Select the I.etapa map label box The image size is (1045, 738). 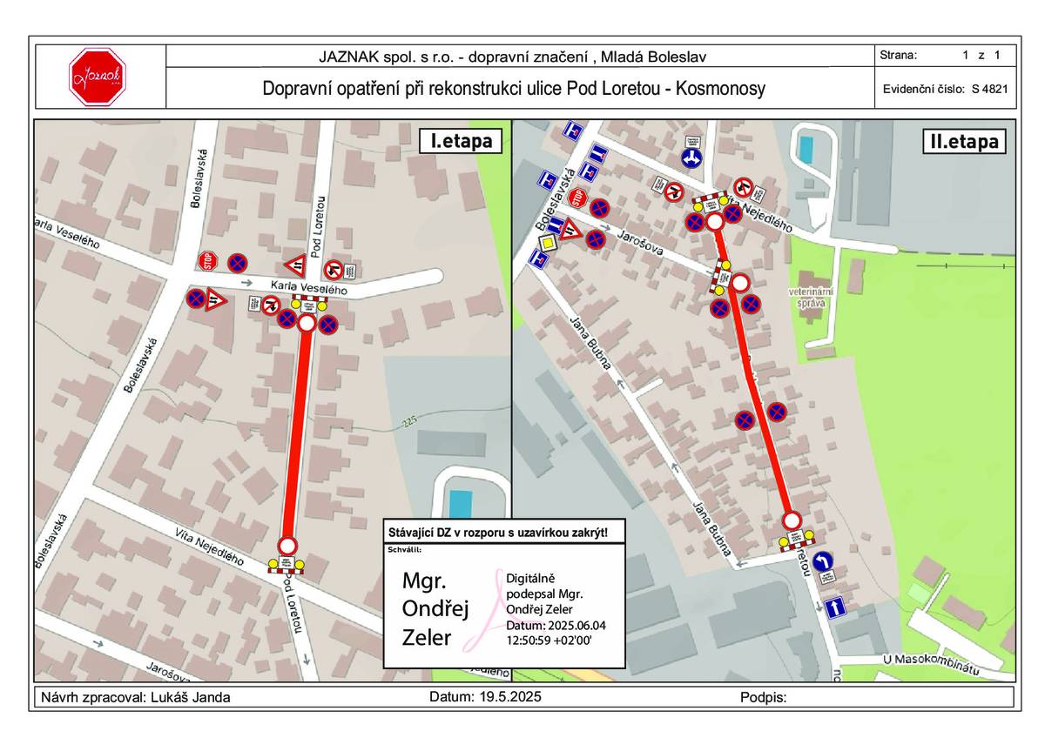[461, 141]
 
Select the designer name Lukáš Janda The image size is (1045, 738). [191, 697]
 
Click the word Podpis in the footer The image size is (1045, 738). [763, 697]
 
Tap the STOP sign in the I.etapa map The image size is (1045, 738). [206, 260]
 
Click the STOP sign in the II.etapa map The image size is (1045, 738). [576, 199]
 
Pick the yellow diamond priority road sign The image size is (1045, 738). [546, 243]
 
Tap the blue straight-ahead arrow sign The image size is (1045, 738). [836, 607]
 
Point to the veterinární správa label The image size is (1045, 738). [812, 297]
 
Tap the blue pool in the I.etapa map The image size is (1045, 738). [460, 504]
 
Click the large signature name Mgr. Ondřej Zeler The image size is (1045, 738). [428, 609]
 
